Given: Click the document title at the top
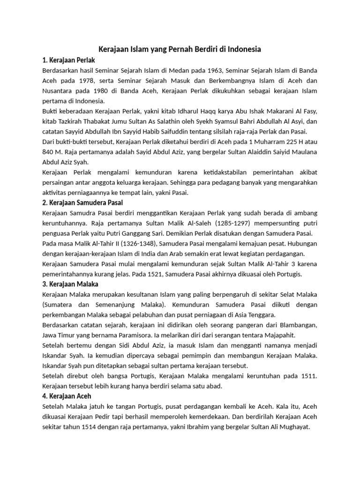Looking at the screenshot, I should [180, 49].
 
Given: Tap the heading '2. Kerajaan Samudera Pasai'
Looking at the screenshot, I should [82, 202].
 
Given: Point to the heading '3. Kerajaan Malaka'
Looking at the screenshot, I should [70, 284].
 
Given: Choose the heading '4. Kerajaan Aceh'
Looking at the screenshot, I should [67, 396].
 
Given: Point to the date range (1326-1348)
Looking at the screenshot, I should [139, 243].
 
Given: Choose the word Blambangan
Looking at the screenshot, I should [298, 325].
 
